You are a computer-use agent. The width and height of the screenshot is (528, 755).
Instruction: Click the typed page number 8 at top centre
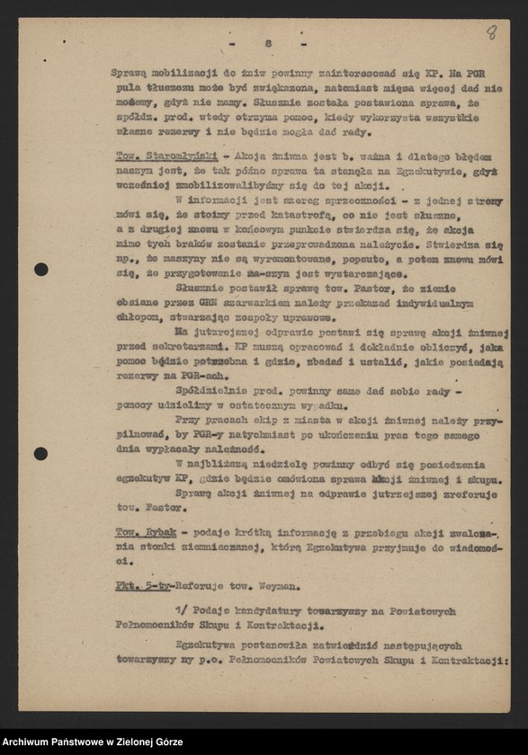click(268, 44)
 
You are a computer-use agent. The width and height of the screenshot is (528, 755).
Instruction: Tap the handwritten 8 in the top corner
click(491, 32)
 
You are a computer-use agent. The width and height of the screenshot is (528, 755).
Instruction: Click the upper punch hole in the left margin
click(40, 269)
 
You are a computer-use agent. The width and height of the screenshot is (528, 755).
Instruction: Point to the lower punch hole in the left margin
click(40, 453)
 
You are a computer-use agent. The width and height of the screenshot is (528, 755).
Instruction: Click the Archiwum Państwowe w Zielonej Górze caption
click(93, 742)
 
